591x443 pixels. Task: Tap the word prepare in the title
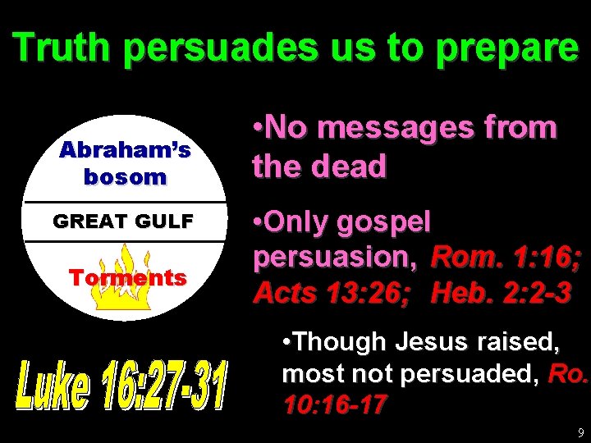point(506,49)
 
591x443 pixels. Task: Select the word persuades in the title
point(219,49)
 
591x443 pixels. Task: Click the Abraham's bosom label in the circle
point(125,163)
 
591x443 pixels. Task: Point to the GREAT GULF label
point(123,221)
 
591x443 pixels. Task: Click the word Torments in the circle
point(127,277)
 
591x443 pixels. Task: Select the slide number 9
point(581,432)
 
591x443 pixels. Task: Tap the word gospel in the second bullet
point(388,223)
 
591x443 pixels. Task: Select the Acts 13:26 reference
point(332,293)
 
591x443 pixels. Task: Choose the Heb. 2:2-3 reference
point(501,293)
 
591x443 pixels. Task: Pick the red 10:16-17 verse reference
point(334,405)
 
